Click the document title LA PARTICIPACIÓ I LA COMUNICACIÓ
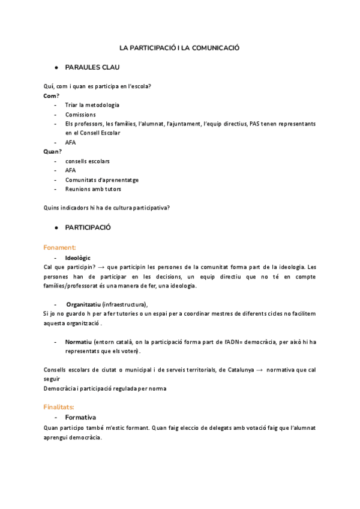click(x=179, y=47)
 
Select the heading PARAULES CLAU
click(x=92, y=67)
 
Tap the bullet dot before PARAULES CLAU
click(x=56, y=67)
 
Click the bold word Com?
click(x=52, y=95)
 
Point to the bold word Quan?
click(x=53, y=152)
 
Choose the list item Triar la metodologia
click(x=92, y=105)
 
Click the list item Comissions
click(x=80, y=114)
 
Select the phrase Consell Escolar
click(x=100, y=133)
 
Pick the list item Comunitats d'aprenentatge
click(x=101, y=179)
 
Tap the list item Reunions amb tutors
click(x=93, y=189)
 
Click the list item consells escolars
click(x=87, y=161)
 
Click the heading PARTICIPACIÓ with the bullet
click(x=88, y=227)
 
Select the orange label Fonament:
click(x=59, y=247)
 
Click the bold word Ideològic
click(x=78, y=257)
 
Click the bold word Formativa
click(x=80, y=417)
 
